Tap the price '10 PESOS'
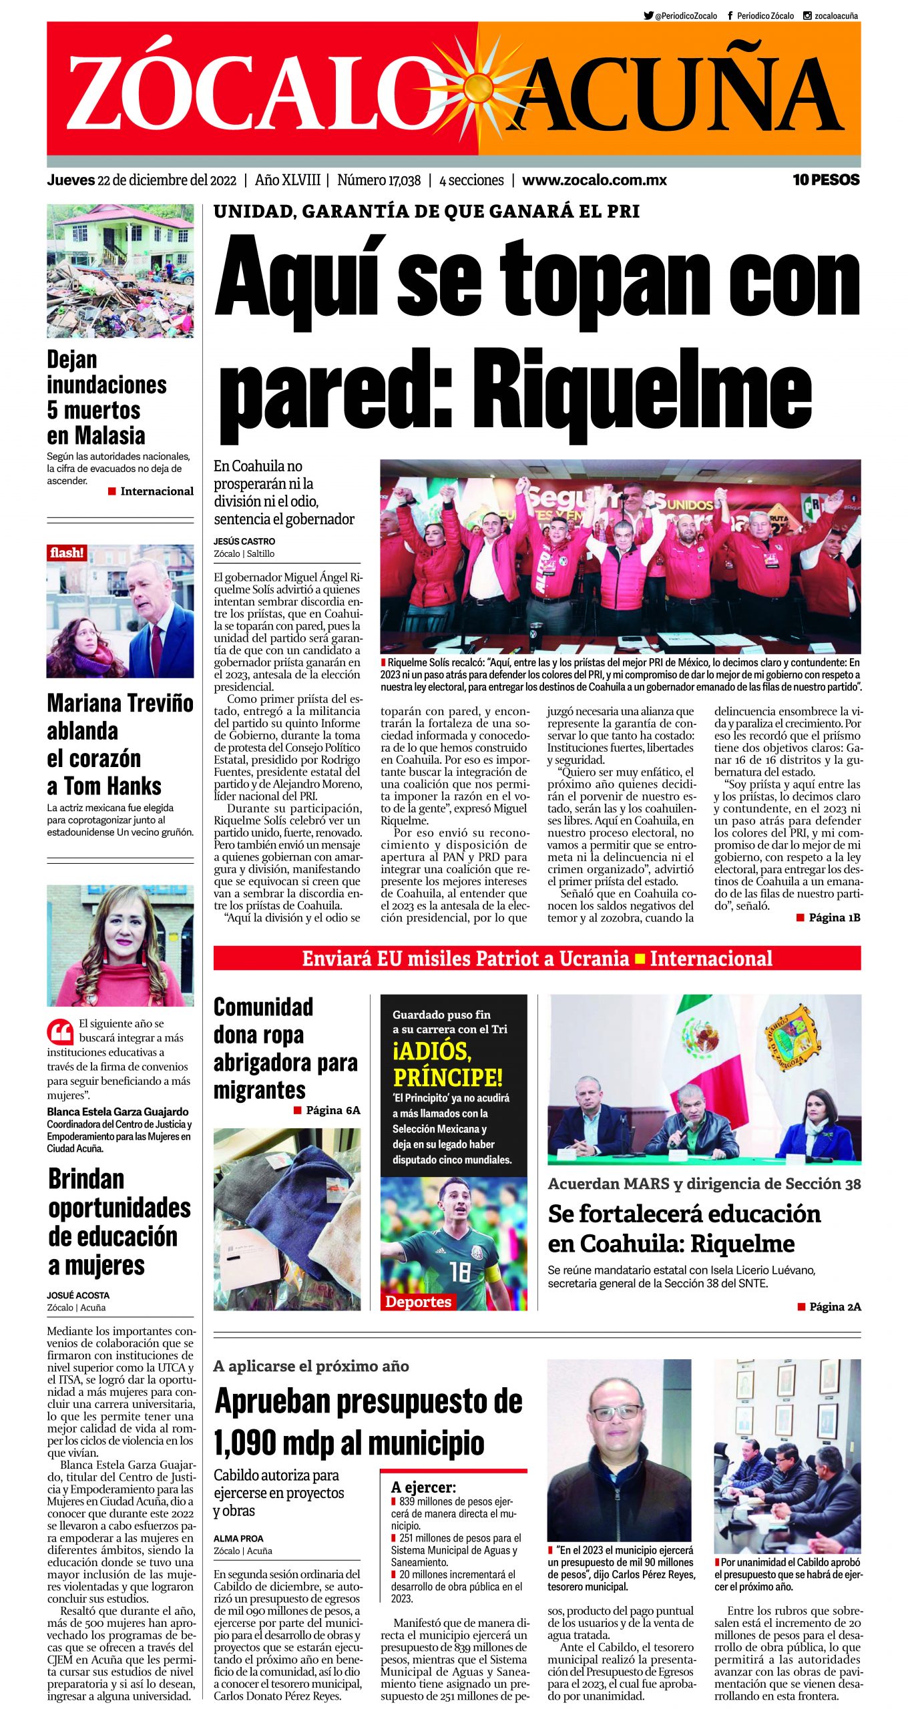tap(826, 180)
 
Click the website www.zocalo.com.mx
tap(594, 180)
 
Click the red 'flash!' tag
tap(67, 553)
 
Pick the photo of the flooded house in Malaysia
tap(120, 270)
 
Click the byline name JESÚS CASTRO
tap(244, 541)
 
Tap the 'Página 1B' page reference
tap(834, 918)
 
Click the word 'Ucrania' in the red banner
tap(594, 959)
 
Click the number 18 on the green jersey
tap(459, 1272)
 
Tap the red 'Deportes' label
tap(418, 1301)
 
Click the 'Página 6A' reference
tap(332, 1110)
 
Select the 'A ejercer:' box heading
tap(423, 1487)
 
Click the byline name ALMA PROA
tap(238, 1538)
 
